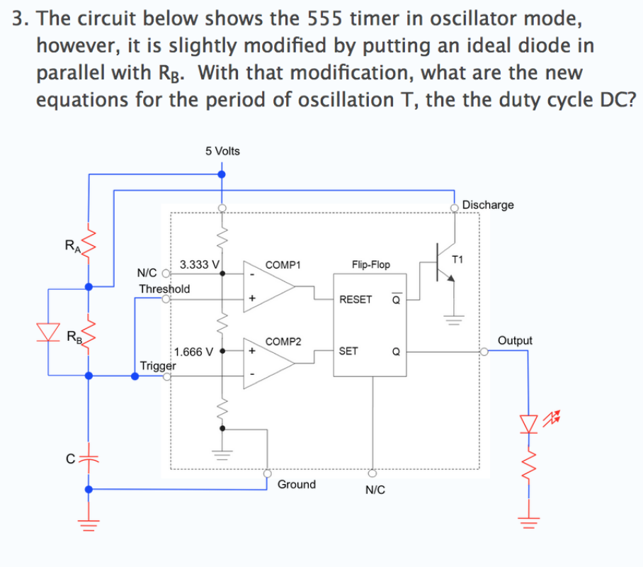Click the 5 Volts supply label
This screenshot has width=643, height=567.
[x=222, y=151]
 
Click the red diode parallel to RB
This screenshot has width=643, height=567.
[x=48, y=330]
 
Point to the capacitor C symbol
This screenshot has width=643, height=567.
[x=88, y=459]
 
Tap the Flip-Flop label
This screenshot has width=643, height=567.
[x=370, y=264]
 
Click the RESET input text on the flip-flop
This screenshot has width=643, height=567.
[x=355, y=299]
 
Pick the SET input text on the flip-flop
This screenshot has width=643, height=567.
[x=348, y=351]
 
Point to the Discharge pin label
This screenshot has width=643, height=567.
[x=488, y=205]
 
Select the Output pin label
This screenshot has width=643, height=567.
[x=515, y=340]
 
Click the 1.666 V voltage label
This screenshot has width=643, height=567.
[x=193, y=351]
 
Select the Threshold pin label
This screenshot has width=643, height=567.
[x=164, y=288]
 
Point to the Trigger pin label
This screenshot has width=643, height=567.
[x=158, y=366]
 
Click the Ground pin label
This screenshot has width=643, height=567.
[x=296, y=485]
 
